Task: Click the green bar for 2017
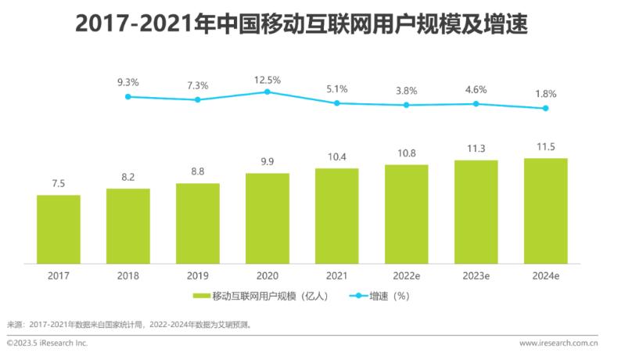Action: click(59, 229)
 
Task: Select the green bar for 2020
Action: click(267, 218)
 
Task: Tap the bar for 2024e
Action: click(545, 211)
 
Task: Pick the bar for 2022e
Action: click(406, 214)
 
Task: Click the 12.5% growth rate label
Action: click(267, 80)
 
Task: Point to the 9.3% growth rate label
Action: click(128, 81)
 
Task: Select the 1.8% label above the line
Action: click(545, 94)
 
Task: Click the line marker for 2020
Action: click(267, 92)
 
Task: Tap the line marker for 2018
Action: click(128, 96)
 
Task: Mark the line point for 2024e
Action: click(545, 109)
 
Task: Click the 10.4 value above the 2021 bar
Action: click(336, 158)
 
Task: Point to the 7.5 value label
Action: click(59, 184)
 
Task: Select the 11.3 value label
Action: click(476, 149)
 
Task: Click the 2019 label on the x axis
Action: click(198, 275)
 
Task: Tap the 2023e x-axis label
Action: click(476, 275)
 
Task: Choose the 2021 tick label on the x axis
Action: click(336, 275)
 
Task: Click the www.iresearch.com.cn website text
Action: click(559, 343)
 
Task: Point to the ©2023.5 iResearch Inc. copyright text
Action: click(47, 343)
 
